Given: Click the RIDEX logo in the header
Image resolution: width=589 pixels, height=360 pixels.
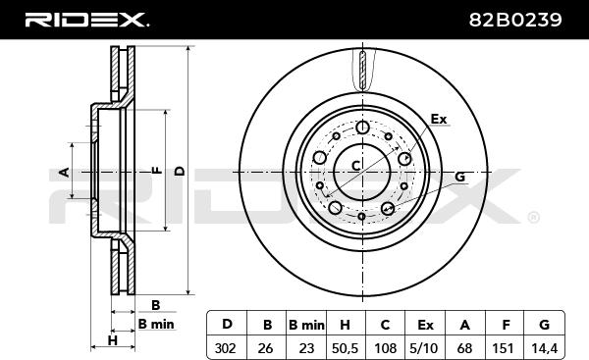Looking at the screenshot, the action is tap(86, 20).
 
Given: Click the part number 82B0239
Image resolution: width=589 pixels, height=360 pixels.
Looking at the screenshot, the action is tap(515, 20).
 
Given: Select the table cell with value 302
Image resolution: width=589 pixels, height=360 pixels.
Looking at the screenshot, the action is tap(226, 348).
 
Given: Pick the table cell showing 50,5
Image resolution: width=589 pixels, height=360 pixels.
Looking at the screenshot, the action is tap(345, 348).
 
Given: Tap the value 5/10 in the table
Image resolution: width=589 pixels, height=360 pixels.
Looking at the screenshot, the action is tap(425, 348).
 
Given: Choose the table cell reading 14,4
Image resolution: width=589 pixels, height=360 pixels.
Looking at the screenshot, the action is tap(544, 348).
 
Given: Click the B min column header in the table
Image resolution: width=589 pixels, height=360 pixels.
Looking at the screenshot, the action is tap(306, 325).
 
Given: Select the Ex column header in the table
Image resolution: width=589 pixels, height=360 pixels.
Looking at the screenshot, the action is tap(425, 325).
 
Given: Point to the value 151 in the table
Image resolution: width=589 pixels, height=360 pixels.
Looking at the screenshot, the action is tap(504, 348).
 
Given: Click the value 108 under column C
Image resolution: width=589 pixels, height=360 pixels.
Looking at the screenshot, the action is tap(385, 348).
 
